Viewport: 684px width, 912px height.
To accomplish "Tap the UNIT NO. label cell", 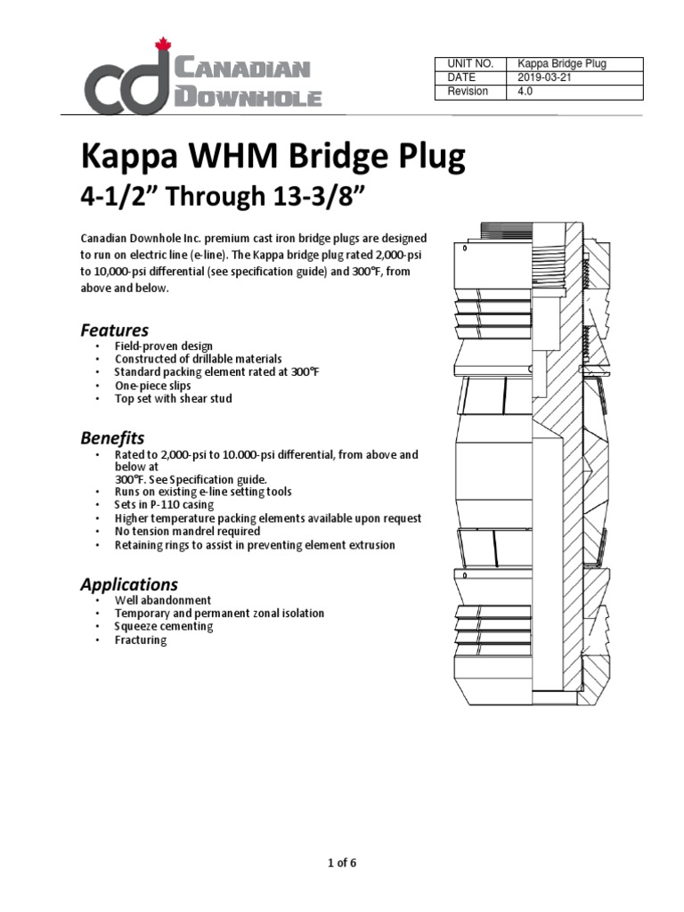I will coord(469,64).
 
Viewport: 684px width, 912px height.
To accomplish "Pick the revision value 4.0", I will coord(525,92).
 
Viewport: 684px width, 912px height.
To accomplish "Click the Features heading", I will coord(114,330).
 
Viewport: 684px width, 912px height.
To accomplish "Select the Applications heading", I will coord(129,584).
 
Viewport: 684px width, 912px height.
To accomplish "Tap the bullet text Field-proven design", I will coord(164,346).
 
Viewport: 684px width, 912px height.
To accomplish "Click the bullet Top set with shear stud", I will coord(173,399).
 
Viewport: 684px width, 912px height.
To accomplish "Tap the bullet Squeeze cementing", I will coord(164,626).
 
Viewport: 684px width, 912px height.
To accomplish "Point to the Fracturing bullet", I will coord(141,639).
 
